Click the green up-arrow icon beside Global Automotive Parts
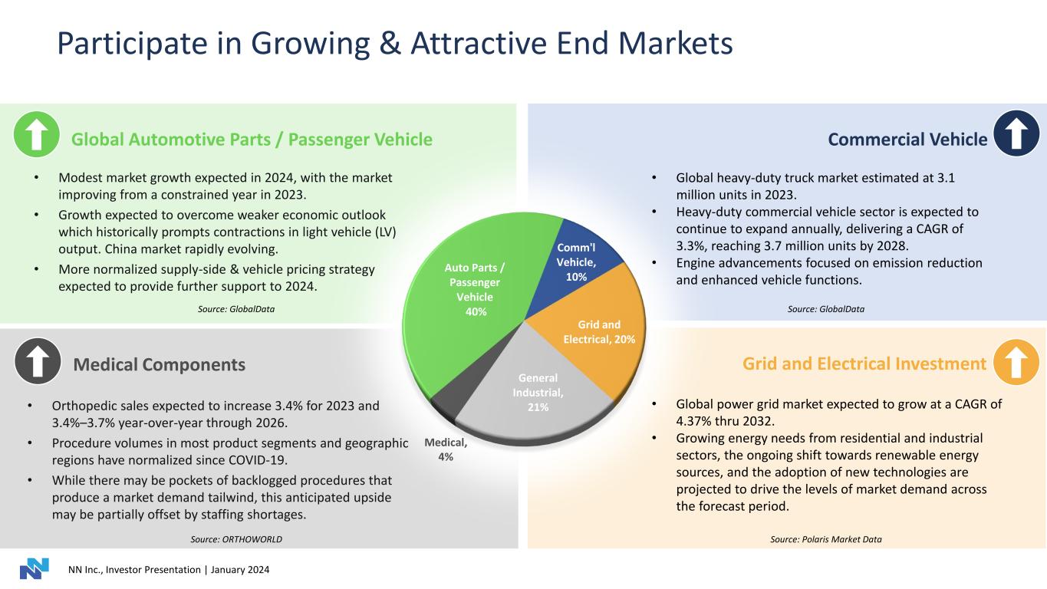click(37, 136)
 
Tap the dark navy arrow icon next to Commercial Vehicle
click(1016, 136)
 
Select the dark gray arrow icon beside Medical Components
click(37, 362)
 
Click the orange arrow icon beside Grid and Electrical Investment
click(1016, 362)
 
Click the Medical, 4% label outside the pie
click(445, 449)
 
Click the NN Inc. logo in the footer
click(34, 569)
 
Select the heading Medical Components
click(159, 365)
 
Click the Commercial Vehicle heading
click(907, 139)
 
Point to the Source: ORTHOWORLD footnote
click(236, 539)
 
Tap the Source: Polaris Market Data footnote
click(825, 539)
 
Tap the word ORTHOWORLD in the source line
click(252, 539)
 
